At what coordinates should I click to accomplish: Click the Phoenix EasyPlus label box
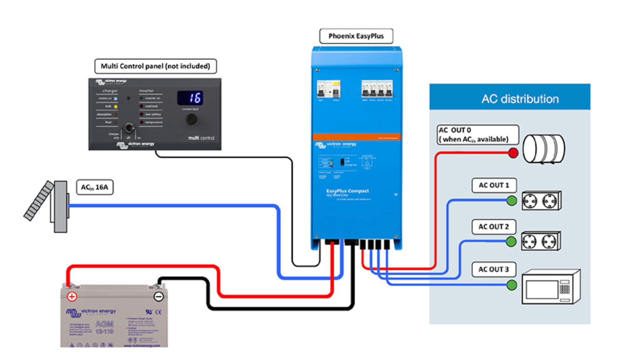tap(356, 36)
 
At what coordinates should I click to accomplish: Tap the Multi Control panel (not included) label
tap(155, 66)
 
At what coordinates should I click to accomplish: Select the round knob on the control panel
tap(191, 119)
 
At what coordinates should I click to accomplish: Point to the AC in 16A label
tap(95, 187)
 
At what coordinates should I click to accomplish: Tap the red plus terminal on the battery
tap(72, 296)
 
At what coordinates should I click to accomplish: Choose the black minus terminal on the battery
tap(159, 296)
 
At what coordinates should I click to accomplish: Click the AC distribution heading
tap(520, 99)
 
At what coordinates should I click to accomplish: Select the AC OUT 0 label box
tap(477, 135)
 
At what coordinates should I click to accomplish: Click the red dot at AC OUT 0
tap(513, 153)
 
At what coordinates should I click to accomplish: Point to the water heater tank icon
tap(543, 149)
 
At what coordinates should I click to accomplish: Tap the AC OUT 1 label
tap(494, 185)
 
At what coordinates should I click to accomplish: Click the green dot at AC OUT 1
tap(511, 200)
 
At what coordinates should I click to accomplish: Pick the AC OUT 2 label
tap(493, 227)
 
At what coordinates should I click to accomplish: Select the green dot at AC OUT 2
tap(511, 241)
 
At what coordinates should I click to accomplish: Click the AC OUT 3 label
tap(493, 269)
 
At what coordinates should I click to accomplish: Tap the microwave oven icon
tap(551, 287)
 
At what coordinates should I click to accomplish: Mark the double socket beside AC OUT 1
tap(541, 200)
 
